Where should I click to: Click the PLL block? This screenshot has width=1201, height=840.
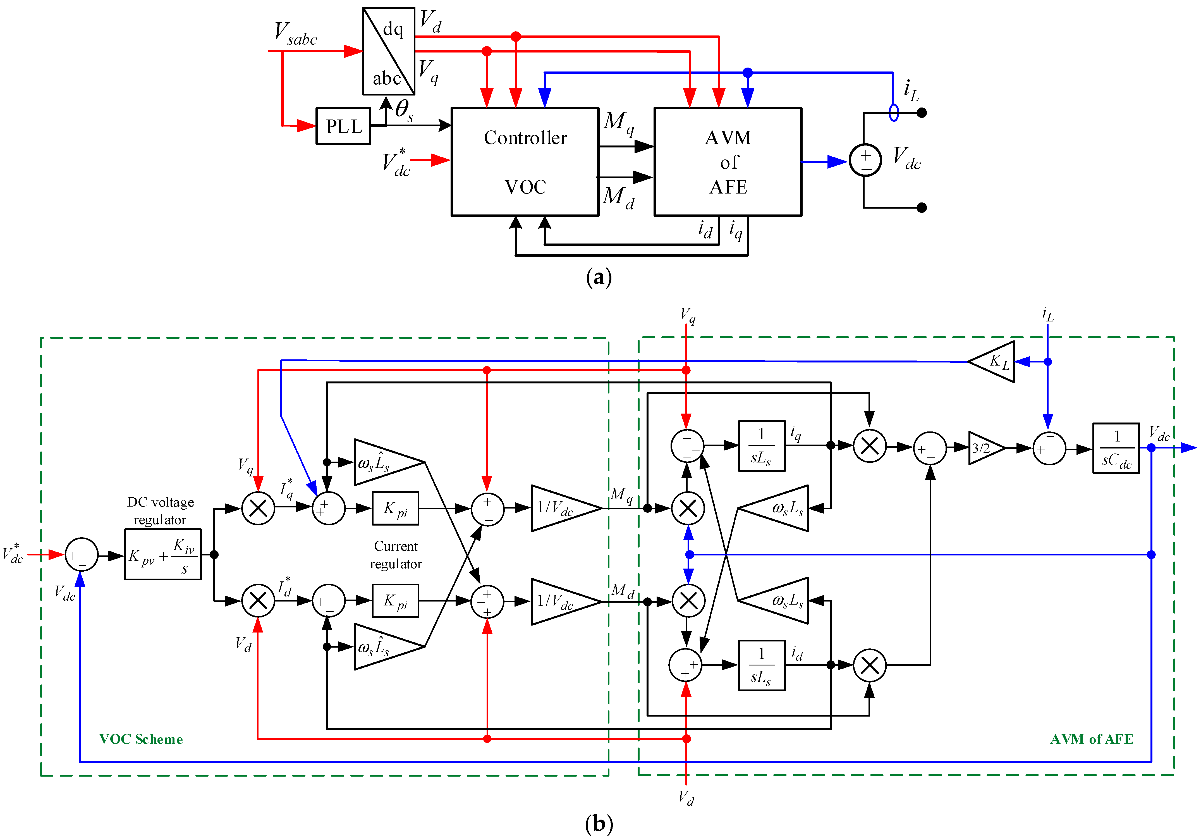pos(343,126)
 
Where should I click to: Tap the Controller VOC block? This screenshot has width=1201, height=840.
pos(525,162)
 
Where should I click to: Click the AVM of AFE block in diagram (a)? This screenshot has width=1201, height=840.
pos(728,162)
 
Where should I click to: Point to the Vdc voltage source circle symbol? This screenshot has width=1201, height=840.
pos(865,160)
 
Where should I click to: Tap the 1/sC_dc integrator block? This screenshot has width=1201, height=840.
pos(1116,448)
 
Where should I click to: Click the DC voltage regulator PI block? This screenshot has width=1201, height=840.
pos(163,554)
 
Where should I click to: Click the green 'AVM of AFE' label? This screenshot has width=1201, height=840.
pos(1091,739)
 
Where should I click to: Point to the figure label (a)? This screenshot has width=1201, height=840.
pos(599,277)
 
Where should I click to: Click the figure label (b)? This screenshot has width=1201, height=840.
pos(599,824)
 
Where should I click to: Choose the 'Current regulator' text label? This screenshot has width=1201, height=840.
pos(396,555)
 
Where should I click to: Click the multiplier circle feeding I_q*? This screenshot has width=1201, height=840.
pos(258,508)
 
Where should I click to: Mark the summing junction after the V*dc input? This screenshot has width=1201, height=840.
pos(81,555)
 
